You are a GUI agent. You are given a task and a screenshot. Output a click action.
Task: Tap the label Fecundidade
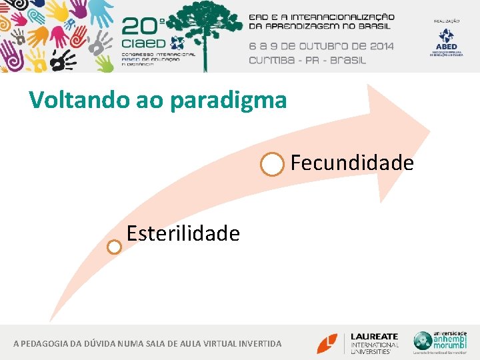(x=352, y=163)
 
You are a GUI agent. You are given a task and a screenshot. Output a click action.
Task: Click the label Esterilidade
(x=183, y=234)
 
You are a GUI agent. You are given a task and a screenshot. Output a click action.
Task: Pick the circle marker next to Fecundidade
(x=272, y=164)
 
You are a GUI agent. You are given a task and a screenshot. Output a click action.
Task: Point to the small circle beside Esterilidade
(x=115, y=247)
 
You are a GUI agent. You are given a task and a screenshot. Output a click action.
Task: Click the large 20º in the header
(x=143, y=27)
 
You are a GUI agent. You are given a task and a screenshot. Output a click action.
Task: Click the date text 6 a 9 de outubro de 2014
(x=321, y=46)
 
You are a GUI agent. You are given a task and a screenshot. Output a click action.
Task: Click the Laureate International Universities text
(x=375, y=343)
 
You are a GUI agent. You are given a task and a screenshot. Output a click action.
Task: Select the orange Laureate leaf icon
(x=327, y=343)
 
